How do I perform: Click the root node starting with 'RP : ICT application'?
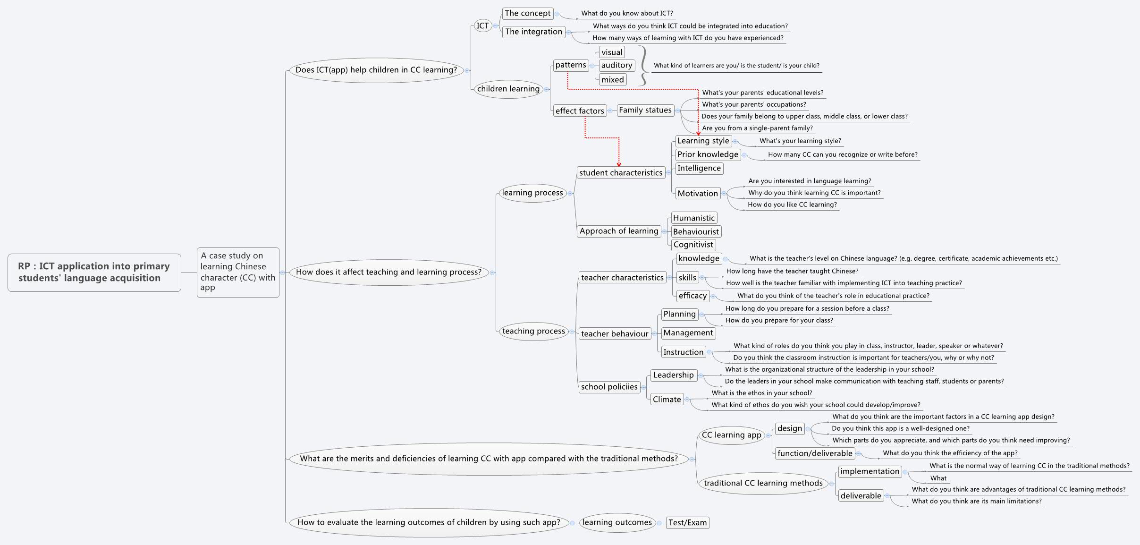[94, 272]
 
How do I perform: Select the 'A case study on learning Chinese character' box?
[237, 272]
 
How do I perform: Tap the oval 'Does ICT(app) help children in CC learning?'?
[376, 70]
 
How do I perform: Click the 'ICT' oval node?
[482, 26]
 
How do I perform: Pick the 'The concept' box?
[527, 13]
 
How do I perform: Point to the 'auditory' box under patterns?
[616, 65]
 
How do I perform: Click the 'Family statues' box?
[645, 110]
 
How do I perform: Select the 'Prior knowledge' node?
[707, 154]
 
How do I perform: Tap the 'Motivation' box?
[697, 193]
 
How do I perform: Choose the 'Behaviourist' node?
[696, 231]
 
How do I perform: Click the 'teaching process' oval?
[533, 331]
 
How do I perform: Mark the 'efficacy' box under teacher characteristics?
[692, 296]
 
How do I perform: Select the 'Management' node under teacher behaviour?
[688, 333]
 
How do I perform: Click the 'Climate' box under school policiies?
[667, 400]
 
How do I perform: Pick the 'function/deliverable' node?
[815, 453]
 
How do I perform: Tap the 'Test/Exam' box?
[687, 523]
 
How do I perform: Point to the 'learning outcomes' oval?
[617, 522]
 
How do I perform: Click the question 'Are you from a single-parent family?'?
[757, 128]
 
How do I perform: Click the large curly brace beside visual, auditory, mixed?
[642, 66]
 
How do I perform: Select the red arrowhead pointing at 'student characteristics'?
[619, 164]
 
